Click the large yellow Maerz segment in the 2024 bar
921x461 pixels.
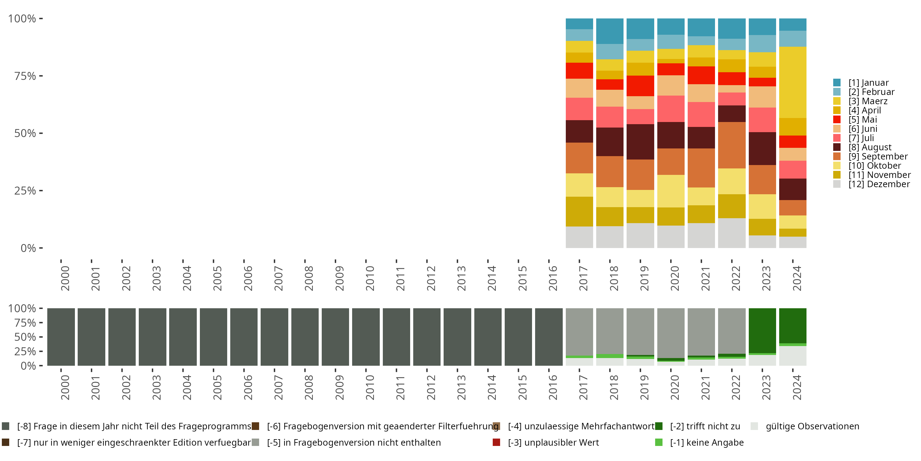(792, 82)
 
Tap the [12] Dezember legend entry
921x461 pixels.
(879, 184)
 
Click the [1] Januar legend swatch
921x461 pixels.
(837, 83)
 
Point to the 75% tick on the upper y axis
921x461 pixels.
(25, 76)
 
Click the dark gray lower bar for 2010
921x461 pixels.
(366, 337)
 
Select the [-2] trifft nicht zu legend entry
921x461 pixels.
(705, 426)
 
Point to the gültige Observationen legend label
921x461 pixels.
(812, 426)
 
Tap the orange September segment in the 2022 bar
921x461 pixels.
(732, 145)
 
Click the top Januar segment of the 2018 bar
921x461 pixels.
(610, 31)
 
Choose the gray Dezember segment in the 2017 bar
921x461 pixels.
(579, 237)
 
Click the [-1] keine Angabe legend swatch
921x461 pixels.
(659, 442)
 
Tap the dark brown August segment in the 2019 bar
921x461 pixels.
(640, 142)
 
